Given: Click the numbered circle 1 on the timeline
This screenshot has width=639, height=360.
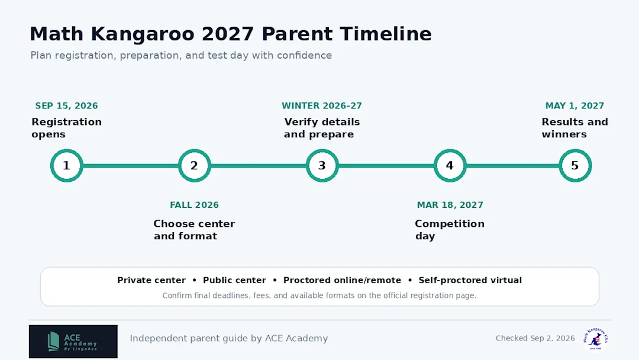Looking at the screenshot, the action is point(66,166).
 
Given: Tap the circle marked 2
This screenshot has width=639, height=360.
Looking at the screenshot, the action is point(195,166).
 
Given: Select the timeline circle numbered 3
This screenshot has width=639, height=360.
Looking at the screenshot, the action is point(322,166).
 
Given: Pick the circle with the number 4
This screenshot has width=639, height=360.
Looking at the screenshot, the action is point(450,166).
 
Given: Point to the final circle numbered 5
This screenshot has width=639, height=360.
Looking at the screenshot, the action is point(575,166).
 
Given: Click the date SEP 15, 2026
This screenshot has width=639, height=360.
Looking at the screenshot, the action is point(66,106).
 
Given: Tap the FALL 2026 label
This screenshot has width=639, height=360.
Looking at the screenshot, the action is point(195,205).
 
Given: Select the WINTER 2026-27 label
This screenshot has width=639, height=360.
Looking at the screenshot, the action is point(322,106).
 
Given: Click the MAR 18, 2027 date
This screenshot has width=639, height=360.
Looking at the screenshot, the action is point(450,205).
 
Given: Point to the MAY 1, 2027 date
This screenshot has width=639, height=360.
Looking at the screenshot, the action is point(575,106).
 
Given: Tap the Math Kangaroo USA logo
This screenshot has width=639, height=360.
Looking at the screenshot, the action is point(595,339).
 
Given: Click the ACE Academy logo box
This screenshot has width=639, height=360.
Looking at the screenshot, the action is point(73,342).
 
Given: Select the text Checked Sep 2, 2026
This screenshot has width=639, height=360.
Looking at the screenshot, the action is point(535,339).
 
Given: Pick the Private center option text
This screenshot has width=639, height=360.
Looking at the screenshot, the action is point(151,281).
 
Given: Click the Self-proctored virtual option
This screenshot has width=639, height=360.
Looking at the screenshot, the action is point(470,281).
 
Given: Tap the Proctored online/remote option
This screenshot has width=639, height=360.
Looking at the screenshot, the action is point(343,281).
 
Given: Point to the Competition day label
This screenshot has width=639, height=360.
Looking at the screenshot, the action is point(450,230).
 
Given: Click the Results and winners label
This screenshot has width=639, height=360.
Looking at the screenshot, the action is point(575,128).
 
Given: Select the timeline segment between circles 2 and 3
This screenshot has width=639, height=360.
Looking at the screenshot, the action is point(259,166).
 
